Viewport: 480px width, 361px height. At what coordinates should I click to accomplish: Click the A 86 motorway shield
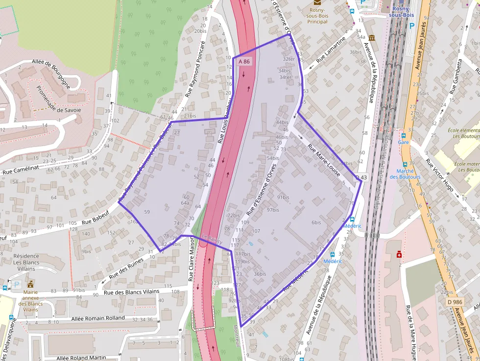tap(244, 62)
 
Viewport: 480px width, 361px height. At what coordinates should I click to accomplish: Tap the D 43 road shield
tap(361, 177)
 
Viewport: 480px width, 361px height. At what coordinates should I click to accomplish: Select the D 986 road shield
tap(455, 302)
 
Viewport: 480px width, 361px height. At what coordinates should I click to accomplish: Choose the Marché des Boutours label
tap(408, 174)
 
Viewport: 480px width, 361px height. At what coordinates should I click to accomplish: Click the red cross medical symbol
tap(400, 255)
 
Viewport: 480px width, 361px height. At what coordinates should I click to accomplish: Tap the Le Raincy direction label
tap(212, 240)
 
